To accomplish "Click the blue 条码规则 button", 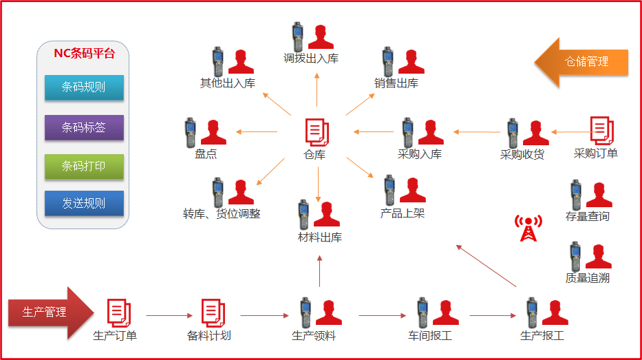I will point(84,87).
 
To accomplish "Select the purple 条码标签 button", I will point(84,127).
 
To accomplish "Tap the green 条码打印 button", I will point(84,167).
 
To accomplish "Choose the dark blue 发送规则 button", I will point(84,203).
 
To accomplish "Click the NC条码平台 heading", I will point(84,54).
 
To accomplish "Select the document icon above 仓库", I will point(317,131).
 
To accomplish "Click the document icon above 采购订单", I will point(601,130).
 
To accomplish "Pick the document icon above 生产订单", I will point(118,313).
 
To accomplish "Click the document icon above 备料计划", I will point(212,313).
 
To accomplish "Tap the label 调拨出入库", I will point(311,59).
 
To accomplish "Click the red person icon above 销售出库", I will point(411,61).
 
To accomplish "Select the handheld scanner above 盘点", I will point(191,131).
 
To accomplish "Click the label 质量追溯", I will point(587,278).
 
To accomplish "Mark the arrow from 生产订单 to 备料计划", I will point(169,316).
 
